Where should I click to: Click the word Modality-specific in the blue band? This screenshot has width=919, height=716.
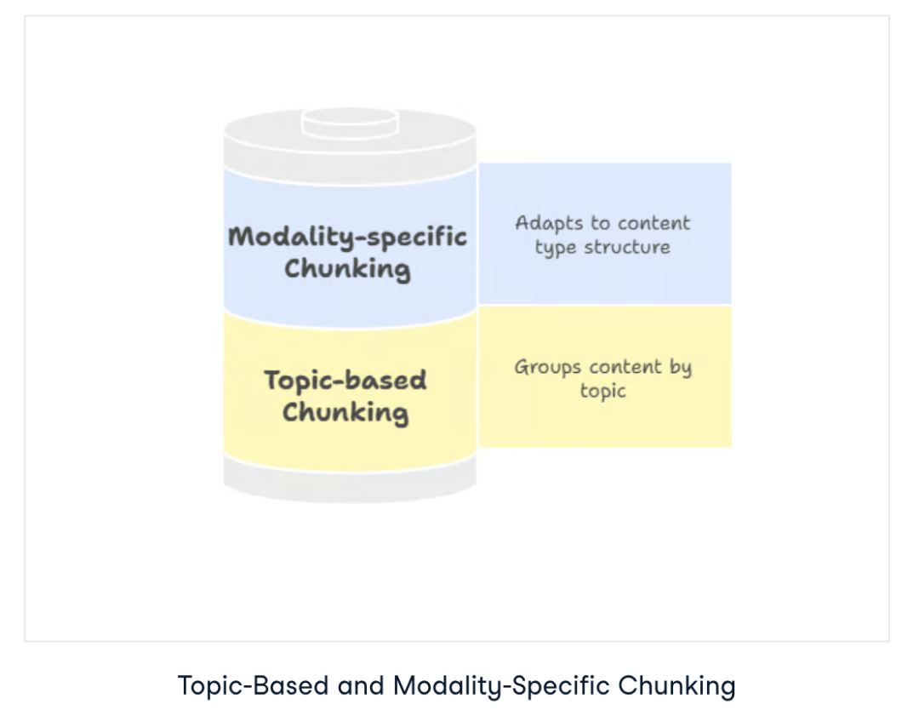[x=348, y=236]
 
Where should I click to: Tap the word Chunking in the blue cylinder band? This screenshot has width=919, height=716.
[x=347, y=269]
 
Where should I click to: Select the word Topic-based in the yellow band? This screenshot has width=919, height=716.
[x=345, y=380]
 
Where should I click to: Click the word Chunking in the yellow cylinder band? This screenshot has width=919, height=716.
[x=345, y=413]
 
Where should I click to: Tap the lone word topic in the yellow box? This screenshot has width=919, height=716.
[x=603, y=392]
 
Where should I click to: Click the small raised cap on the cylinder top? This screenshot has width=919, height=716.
[x=350, y=119]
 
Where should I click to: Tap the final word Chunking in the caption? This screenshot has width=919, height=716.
[x=676, y=685]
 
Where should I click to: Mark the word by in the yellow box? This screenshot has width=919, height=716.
[x=680, y=369]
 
